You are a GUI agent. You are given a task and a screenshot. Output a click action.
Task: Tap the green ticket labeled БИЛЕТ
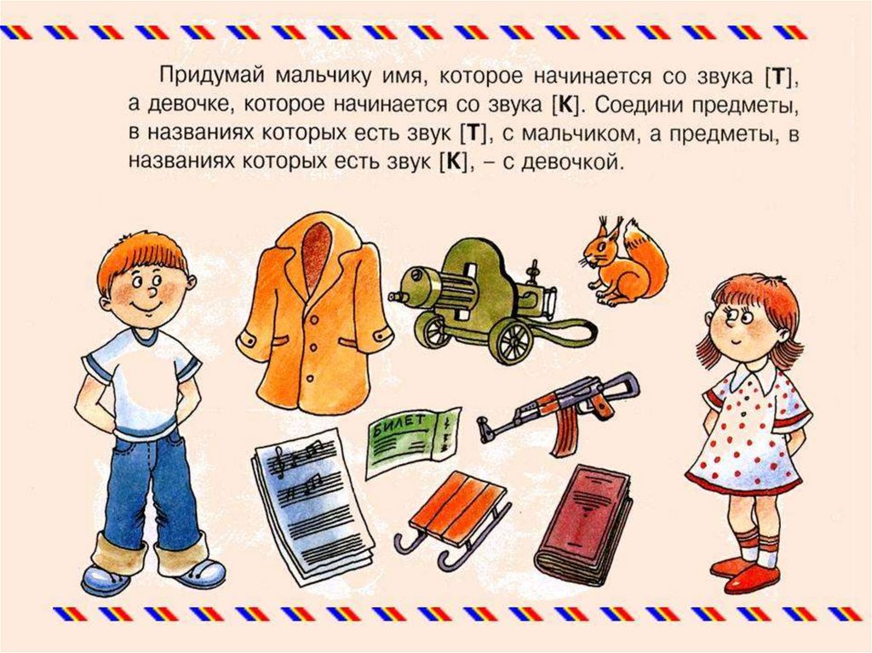412,440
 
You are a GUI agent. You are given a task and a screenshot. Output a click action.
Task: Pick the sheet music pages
312,504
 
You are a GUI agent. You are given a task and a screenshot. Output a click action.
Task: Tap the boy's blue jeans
150,490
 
